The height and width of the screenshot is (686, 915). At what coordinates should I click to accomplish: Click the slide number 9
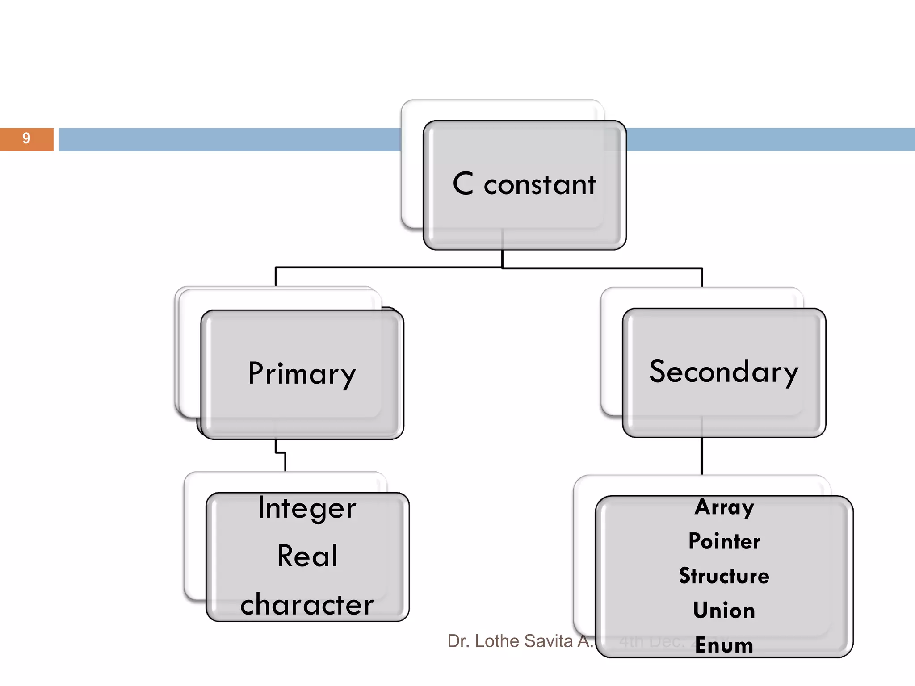click(x=26, y=138)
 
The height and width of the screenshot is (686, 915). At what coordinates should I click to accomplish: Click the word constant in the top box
click(x=540, y=184)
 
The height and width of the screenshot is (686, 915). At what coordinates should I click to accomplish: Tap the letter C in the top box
click(x=463, y=184)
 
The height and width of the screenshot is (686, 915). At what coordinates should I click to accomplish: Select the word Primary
click(x=302, y=374)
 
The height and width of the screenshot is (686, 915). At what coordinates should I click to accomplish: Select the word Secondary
click(x=723, y=372)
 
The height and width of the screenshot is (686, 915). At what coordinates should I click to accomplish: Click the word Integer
click(x=307, y=508)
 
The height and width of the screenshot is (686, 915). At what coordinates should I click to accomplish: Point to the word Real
click(x=307, y=556)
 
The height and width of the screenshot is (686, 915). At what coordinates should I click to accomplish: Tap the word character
click(x=307, y=605)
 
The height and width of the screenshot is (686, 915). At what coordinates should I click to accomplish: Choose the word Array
click(x=724, y=507)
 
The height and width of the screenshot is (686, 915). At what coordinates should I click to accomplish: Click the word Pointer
click(x=724, y=541)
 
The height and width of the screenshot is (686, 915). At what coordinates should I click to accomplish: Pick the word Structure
click(x=724, y=576)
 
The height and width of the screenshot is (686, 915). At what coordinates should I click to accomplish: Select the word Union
click(x=724, y=611)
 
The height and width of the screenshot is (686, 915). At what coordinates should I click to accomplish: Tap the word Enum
click(x=724, y=645)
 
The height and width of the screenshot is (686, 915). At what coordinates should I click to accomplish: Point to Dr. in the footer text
click(x=457, y=641)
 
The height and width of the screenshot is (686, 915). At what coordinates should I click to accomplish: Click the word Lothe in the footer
click(x=496, y=641)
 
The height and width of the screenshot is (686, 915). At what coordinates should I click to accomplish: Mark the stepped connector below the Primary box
click(x=281, y=453)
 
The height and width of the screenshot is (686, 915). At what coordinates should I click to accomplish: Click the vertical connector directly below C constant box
click(x=503, y=259)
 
